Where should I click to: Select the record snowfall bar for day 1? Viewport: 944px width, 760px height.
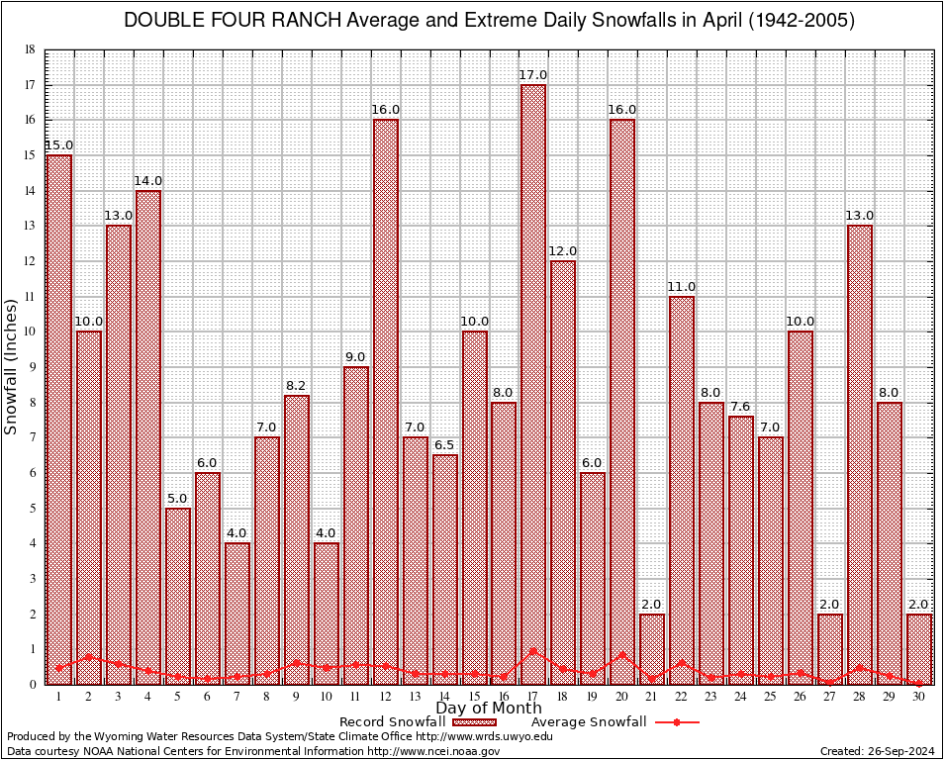point(58,416)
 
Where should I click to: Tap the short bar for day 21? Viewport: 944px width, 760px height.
point(652,648)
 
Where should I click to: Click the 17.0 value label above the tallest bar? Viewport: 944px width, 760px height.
point(533,75)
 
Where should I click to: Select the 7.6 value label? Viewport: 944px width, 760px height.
point(741,407)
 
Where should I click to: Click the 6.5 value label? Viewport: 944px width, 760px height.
point(444,445)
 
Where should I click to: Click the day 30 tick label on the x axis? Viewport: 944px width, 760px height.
point(919,696)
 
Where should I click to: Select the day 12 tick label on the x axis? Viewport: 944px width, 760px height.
point(385,696)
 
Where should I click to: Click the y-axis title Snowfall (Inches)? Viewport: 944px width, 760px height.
point(12,366)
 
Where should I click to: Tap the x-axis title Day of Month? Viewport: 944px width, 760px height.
point(488,709)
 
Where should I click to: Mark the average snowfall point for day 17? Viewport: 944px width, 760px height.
point(533,651)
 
